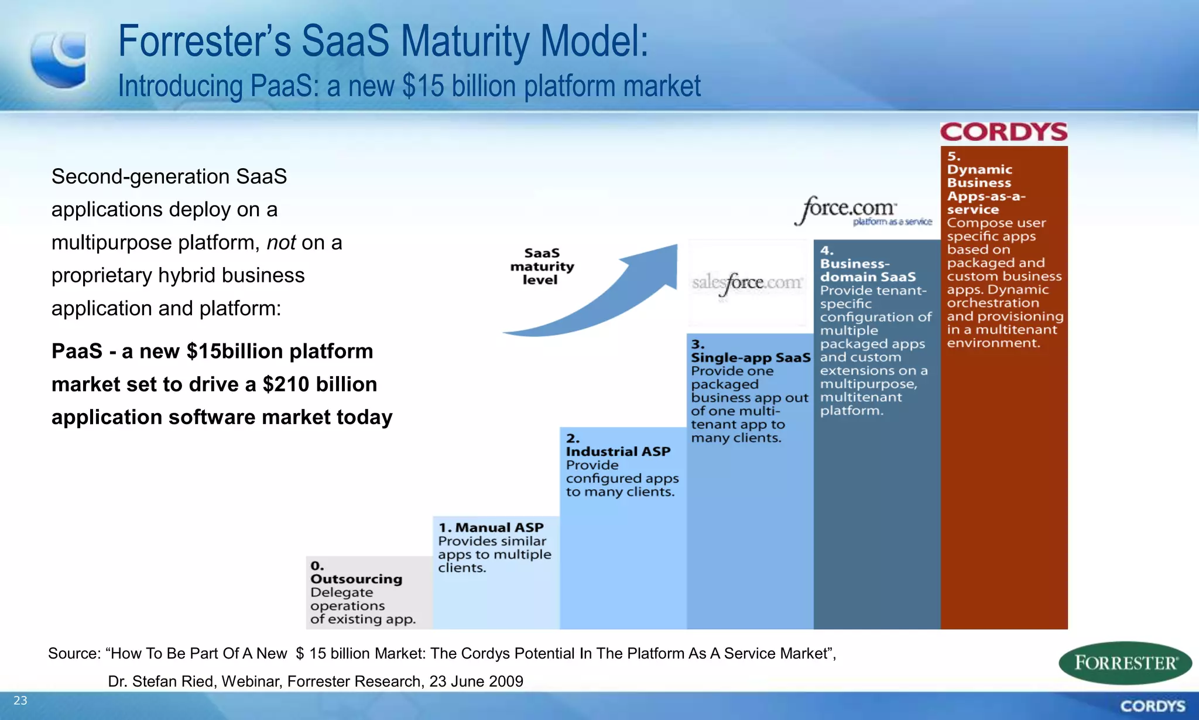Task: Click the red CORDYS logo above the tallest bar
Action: coord(1003,132)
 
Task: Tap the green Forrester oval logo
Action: coord(1125,663)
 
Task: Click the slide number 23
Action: coord(20,701)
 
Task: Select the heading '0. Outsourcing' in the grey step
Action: coord(356,573)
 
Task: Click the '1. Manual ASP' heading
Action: coord(491,528)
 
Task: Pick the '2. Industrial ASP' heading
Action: coord(618,445)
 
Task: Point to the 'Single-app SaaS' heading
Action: coord(751,357)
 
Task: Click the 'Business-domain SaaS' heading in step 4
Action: coord(867,270)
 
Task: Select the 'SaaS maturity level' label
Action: coord(542,267)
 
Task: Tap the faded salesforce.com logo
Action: coord(747,283)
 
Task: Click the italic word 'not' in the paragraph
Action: coord(281,243)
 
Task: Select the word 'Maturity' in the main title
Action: coord(465,42)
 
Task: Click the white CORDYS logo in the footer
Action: coord(1152,706)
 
